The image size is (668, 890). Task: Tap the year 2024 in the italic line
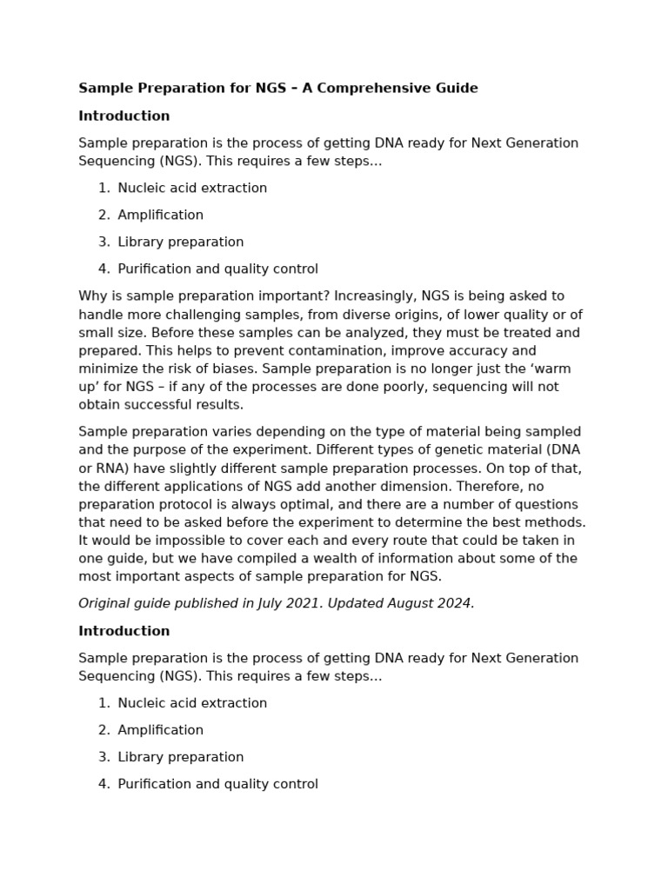pyautogui.click(x=454, y=603)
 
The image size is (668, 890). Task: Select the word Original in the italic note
pyautogui.click(x=105, y=603)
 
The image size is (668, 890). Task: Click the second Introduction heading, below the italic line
pyautogui.click(x=124, y=631)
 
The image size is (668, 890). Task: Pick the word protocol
pyautogui.click(x=184, y=504)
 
